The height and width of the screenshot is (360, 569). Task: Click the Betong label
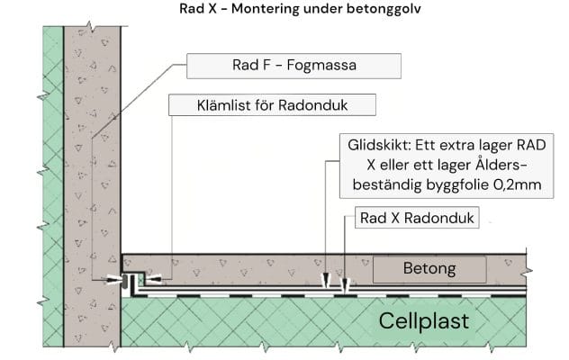coord(429,268)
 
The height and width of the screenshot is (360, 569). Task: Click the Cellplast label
coord(423,319)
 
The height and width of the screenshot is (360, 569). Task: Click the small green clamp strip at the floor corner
coord(139,280)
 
